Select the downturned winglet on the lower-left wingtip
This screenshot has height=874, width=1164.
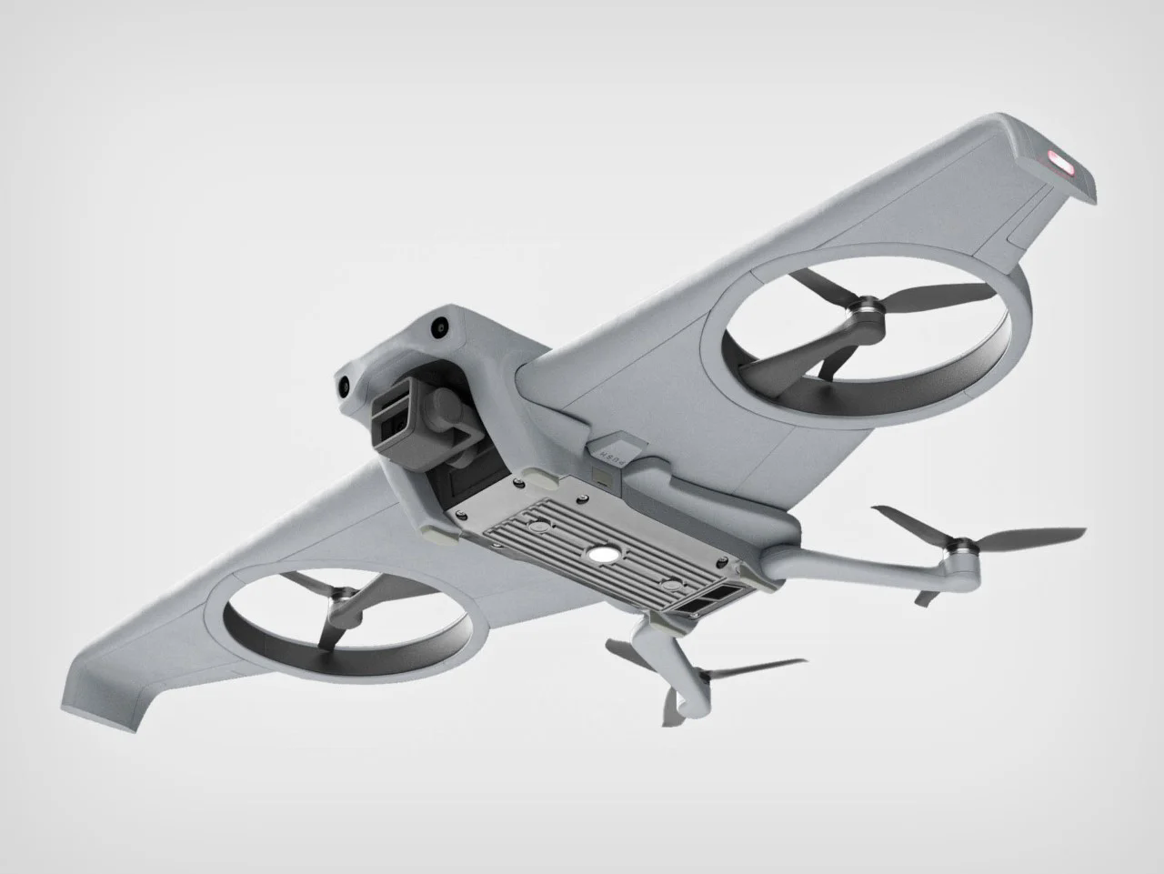point(100,700)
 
